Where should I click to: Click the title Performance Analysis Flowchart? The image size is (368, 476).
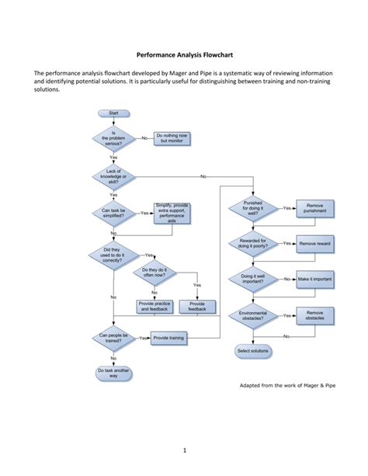click(184, 55)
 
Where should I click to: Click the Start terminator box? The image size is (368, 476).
click(113, 113)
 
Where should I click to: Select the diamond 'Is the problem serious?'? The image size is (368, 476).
click(113, 138)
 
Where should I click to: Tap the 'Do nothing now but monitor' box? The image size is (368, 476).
click(172, 138)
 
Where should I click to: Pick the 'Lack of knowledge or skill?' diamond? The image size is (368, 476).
click(113, 176)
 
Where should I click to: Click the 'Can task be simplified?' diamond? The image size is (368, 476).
click(113, 212)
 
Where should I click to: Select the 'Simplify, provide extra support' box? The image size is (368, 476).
click(172, 212)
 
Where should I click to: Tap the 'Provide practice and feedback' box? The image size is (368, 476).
click(154, 307)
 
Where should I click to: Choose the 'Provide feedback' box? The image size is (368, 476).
click(197, 307)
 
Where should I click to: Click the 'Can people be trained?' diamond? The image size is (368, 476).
click(113, 339)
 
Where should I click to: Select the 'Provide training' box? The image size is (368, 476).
click(168, 339)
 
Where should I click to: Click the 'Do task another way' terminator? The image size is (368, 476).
click(113, 373)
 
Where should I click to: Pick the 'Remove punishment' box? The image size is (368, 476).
click(315, 208)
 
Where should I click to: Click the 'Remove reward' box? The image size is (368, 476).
click(315, 244)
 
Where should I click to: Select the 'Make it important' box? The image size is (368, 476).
click(315, 279)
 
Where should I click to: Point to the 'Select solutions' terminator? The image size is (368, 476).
click(253, 351)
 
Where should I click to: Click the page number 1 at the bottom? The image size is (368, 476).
click(184, 450)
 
